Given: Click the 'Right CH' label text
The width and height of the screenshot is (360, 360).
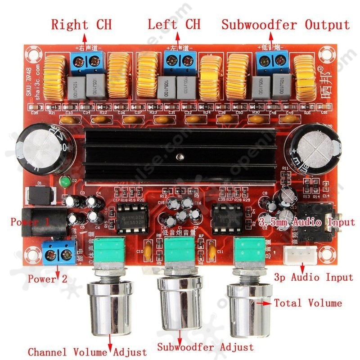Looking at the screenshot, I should [81, 25].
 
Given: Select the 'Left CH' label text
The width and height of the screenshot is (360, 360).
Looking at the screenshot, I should [174, 25].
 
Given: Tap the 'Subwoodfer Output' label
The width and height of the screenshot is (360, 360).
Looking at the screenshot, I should [285, 25].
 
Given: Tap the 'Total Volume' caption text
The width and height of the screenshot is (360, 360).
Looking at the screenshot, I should [308, 303].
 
